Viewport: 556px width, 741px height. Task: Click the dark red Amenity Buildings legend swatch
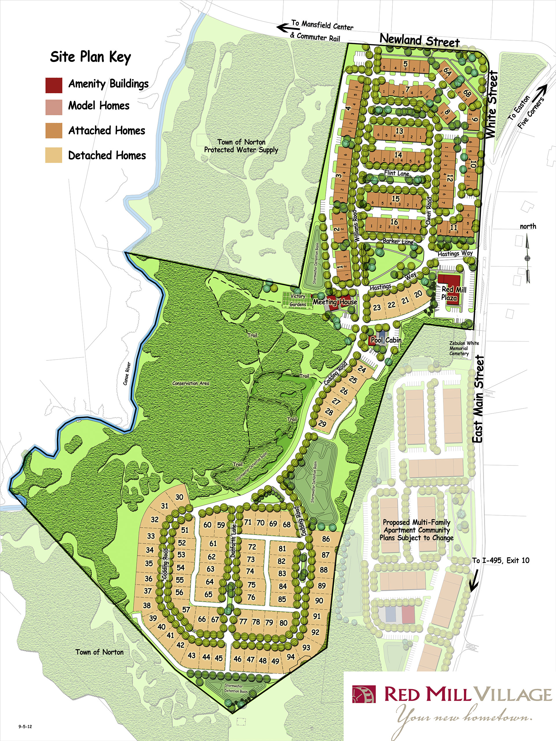54,85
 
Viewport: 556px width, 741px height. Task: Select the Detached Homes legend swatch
54,155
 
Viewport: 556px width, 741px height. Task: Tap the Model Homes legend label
99,106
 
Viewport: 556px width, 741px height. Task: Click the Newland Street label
419,41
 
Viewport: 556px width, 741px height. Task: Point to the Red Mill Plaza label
453,293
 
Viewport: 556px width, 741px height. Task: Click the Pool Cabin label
386,340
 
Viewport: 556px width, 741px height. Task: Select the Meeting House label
335,302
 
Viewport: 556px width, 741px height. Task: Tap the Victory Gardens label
298,300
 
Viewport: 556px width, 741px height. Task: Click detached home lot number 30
179,497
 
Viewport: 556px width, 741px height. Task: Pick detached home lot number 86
326,539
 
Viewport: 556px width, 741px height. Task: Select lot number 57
186,610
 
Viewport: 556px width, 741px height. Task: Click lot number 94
290,656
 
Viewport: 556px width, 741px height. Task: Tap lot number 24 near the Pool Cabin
362,369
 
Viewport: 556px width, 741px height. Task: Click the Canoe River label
127,373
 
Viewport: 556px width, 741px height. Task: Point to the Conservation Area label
191,383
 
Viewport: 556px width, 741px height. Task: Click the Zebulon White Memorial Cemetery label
464,348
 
